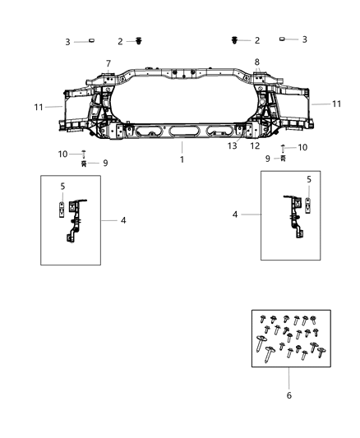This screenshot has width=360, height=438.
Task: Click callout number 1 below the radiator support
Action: point(182,159)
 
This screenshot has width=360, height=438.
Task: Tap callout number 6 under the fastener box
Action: point(289,395)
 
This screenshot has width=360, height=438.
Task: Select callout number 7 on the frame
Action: point(108,63)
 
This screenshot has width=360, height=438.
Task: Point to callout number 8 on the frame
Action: point(256,62)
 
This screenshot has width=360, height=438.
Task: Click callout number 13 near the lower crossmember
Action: point(233,145)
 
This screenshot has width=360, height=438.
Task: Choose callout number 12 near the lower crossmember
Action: point(254,145)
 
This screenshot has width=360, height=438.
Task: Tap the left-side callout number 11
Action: point(38,106)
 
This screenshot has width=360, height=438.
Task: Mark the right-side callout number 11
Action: point(337,104)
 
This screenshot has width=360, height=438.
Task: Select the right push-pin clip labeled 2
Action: point(238,39)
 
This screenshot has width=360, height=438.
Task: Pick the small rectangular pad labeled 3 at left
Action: point(92,39)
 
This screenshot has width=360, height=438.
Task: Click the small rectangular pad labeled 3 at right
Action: point(283,39)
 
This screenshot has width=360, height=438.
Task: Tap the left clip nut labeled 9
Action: point(84,164)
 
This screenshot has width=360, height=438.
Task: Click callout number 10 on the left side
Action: point(63,154)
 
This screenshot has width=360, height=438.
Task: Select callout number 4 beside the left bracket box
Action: point(123,219)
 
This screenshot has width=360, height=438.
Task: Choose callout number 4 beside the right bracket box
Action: point(235,214)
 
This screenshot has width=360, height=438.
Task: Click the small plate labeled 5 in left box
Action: point(62,211)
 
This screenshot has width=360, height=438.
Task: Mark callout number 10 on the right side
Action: point(303,147)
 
